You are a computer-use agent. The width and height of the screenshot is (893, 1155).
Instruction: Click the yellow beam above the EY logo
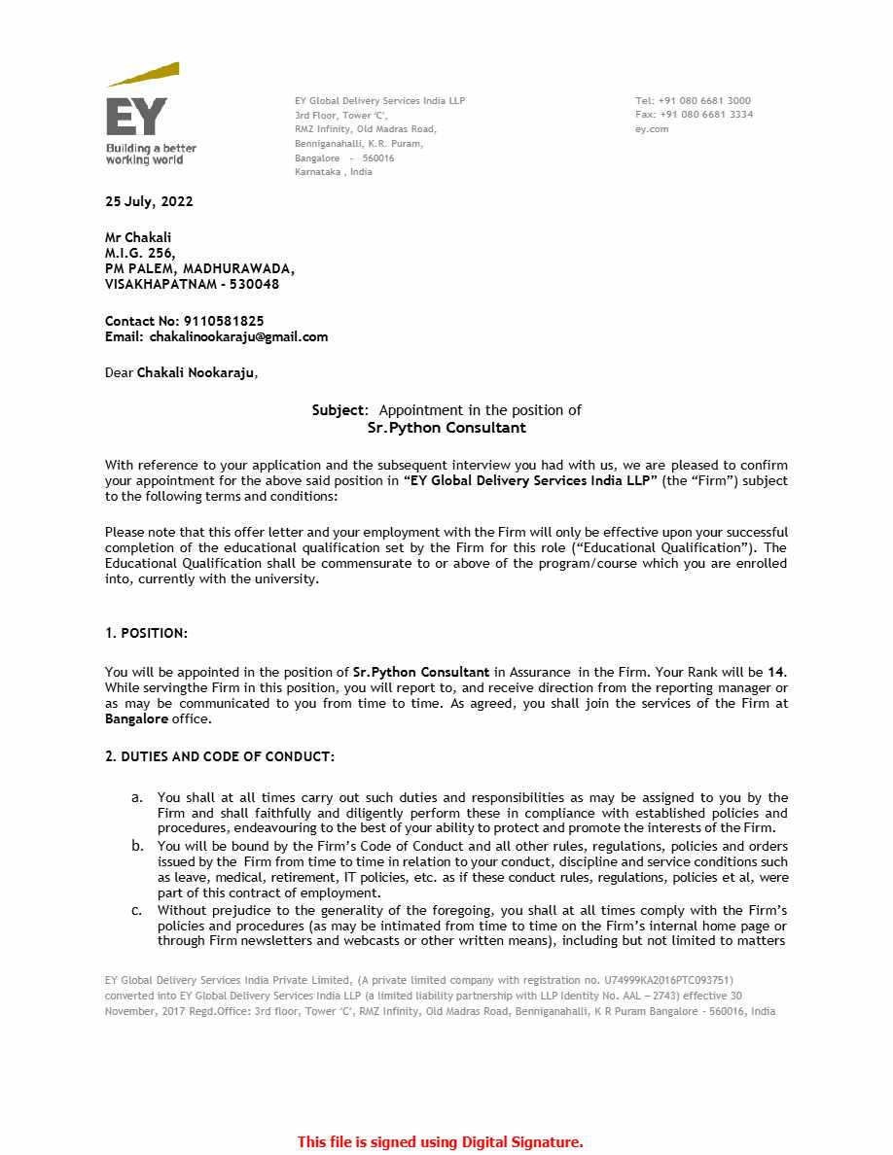[144, 74]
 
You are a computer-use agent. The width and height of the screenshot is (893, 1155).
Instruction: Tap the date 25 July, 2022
[149, 202]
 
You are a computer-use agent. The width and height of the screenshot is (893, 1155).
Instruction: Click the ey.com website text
[652, 128]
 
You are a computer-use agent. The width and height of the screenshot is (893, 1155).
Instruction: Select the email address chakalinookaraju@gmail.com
[238, 337]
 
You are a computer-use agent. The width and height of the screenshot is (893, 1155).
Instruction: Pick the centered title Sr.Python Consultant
[446, 427]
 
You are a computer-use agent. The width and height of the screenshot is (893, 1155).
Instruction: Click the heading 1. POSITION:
[146, 633]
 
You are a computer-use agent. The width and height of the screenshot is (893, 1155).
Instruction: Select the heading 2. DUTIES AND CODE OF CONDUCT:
[220, 756]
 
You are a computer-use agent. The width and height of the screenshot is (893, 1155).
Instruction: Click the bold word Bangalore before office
[136, 719]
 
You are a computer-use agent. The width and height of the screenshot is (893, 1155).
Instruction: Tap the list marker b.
[138, 846]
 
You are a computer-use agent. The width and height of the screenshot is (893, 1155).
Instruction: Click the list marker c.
[137, 910]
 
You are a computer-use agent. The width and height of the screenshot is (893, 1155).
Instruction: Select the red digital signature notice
[440, 1142]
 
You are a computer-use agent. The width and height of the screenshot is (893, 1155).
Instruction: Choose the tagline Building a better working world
[151, 154]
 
